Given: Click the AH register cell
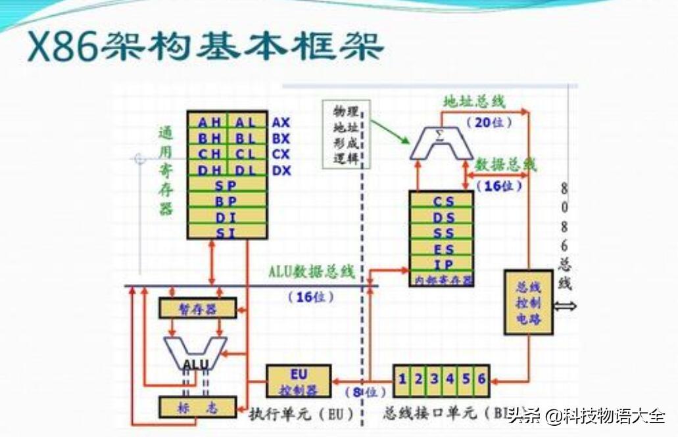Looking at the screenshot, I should [x=207, y=122].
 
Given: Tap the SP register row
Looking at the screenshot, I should [x=227, y=186].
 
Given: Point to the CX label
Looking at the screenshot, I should [x=281, y=155].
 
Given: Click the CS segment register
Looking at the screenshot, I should [x=441, y=201].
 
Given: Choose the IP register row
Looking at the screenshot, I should [x=441, y=265].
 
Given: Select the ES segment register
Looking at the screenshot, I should [x=441, y=249].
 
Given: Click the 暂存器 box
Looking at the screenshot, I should [x=197, y=308].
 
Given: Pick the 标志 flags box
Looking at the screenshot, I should [x=197, y=407].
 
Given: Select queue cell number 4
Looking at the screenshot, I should [x=450, y=379].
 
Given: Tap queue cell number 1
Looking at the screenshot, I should [x=402, y=379].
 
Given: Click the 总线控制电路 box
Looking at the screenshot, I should [x=528, y=302].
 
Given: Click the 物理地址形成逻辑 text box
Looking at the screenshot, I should [x=346, y=134].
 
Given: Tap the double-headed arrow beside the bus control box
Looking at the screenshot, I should [x=565, y=306].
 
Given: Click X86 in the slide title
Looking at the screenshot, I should [x=62, y=47].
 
